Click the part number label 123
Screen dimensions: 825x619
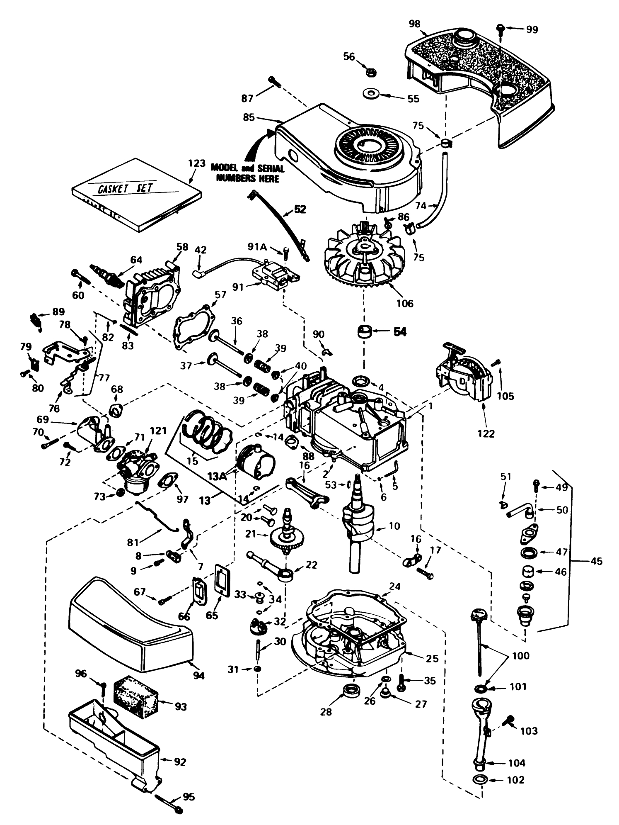[x=196, y=163]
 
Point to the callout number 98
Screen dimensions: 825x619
[x=414, y=24]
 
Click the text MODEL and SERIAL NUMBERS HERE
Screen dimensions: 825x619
[x=248, y=173]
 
